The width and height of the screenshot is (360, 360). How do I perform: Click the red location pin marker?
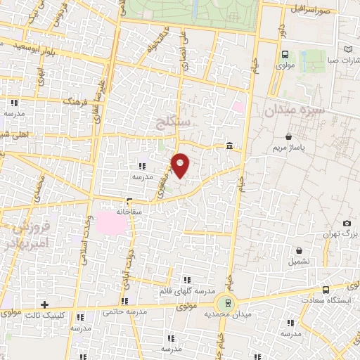pyautogui.click(x=181, y=165)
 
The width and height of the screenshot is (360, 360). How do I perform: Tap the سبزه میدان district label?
pyautogui.click(x=295, y=110)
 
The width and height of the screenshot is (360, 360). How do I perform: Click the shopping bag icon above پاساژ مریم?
pyautogui.click(x=289, y=136)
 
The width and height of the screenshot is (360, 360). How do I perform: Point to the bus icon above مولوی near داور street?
pyautogui.click(x=285, y=54)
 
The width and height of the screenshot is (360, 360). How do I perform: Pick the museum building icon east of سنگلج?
pyautogui.click(x=230, y=146)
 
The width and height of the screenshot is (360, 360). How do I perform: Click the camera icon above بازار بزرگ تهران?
pyautogui.click(x=346, y=224)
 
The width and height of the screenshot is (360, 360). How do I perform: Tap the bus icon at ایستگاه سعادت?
pyautogui.click(x=326, y=290)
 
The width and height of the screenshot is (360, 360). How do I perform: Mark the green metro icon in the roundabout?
pyautogui.click(x=226, y=303)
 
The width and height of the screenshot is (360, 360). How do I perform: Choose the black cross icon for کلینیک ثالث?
pyautogui.click(x=45, y=305)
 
